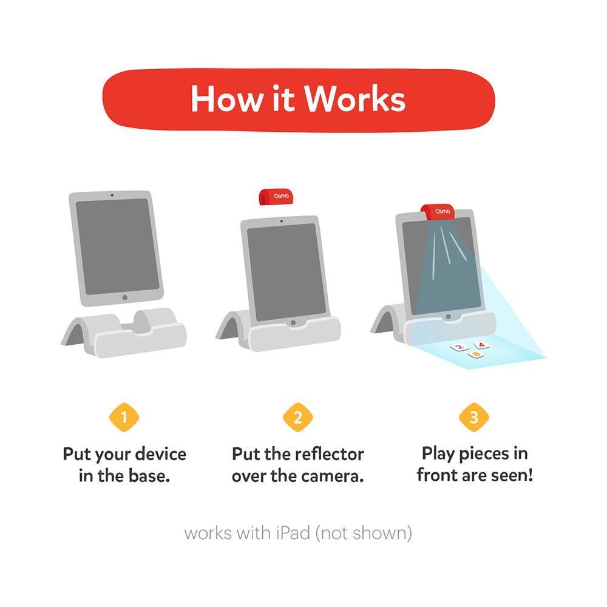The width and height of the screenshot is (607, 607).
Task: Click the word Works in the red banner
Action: [354, 99]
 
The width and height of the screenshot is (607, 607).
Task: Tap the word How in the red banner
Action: [226, 99]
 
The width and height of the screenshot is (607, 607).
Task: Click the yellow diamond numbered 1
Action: [124, 418]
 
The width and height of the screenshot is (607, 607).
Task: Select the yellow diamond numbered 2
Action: [297, 418]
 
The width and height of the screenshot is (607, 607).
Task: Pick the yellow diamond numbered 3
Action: [474, 418]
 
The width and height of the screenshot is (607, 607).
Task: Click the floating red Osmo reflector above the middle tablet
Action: [276, 197]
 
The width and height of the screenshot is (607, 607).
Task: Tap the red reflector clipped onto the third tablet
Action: [438, 211]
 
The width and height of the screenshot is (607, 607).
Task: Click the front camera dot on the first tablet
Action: [112, 195]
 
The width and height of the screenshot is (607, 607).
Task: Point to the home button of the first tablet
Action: [124, 297]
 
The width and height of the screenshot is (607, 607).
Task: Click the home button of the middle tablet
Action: [293, 322]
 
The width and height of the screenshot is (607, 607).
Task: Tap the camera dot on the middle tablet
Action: [282, 222]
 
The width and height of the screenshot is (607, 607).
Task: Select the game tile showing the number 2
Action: [459, 348]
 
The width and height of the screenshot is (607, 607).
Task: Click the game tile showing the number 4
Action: [481, 345]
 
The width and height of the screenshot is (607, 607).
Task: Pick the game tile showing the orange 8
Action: [476, 354]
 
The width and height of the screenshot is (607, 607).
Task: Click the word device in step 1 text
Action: [161, 453]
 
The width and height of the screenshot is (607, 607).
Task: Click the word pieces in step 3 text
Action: [484, 453]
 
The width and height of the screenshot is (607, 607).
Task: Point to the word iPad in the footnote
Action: [293, 533]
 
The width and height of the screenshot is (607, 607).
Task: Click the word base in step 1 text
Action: [149, 476]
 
